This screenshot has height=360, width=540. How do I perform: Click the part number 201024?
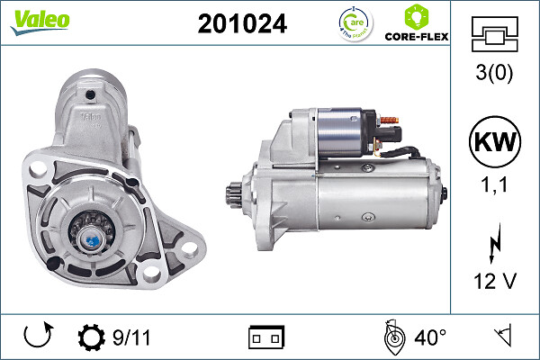[x=242, y=24]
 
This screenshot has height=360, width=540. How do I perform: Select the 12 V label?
[x=495, y=282]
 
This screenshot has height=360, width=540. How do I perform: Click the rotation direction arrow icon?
[x=37, y=337]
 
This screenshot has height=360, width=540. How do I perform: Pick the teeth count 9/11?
[x=132, y=337]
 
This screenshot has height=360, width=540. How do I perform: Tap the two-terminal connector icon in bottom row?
[x=265, y=337]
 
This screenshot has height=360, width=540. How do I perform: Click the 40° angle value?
[x=430, y=337]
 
